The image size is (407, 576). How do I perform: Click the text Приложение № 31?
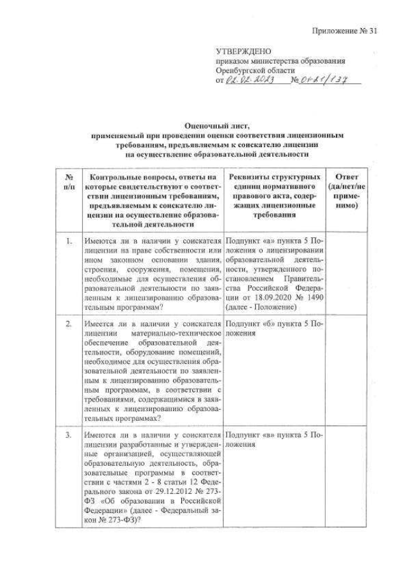click(346, 31)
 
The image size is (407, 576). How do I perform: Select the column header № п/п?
click(67, 181)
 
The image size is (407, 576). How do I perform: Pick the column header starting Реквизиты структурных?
click(274, 195)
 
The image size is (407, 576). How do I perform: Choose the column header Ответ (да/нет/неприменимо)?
click(345, 191)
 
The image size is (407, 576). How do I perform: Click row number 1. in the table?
click(67, 242)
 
